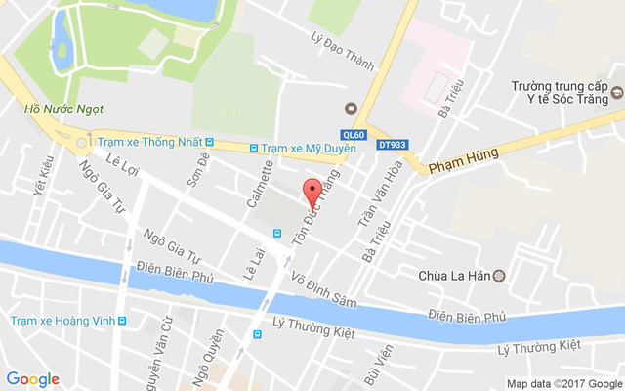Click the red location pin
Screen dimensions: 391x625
tap(312, 190)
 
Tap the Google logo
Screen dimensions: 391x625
tap(33, 379)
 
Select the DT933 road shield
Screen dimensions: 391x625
tap(392, 145)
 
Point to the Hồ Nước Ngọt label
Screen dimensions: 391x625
tap(64, 109)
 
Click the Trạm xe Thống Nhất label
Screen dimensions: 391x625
tap(146, 141)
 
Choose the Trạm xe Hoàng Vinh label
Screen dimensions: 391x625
tap(56, 321)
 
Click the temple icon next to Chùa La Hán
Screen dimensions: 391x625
tap(500, 276)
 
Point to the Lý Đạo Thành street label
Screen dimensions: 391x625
tap(342, 52)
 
